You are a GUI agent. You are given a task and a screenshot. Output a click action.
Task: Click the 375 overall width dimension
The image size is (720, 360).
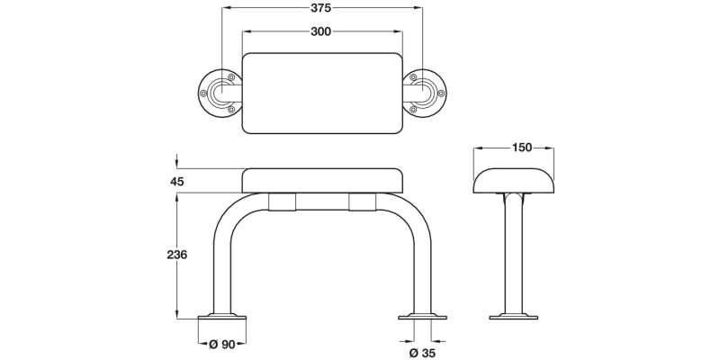[321, 8]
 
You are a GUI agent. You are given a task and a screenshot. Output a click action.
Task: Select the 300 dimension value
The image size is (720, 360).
[321, 31]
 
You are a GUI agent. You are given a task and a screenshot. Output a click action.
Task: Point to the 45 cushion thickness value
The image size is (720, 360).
[177, 181]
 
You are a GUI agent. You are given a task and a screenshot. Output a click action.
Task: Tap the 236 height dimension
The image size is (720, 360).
[177, 255]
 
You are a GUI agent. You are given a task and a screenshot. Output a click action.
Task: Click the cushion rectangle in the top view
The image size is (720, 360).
[321, 93]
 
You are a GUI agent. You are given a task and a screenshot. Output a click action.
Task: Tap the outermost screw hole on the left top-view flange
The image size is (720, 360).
[205, 92]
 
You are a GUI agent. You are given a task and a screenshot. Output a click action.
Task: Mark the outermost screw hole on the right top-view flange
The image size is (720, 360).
[439, 92]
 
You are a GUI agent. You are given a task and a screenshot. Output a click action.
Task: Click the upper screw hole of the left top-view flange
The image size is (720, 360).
[231, 77]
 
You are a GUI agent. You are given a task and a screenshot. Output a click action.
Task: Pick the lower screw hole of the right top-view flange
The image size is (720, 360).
[413, 108]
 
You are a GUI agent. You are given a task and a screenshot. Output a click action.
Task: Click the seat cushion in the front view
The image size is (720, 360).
[321, 180]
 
